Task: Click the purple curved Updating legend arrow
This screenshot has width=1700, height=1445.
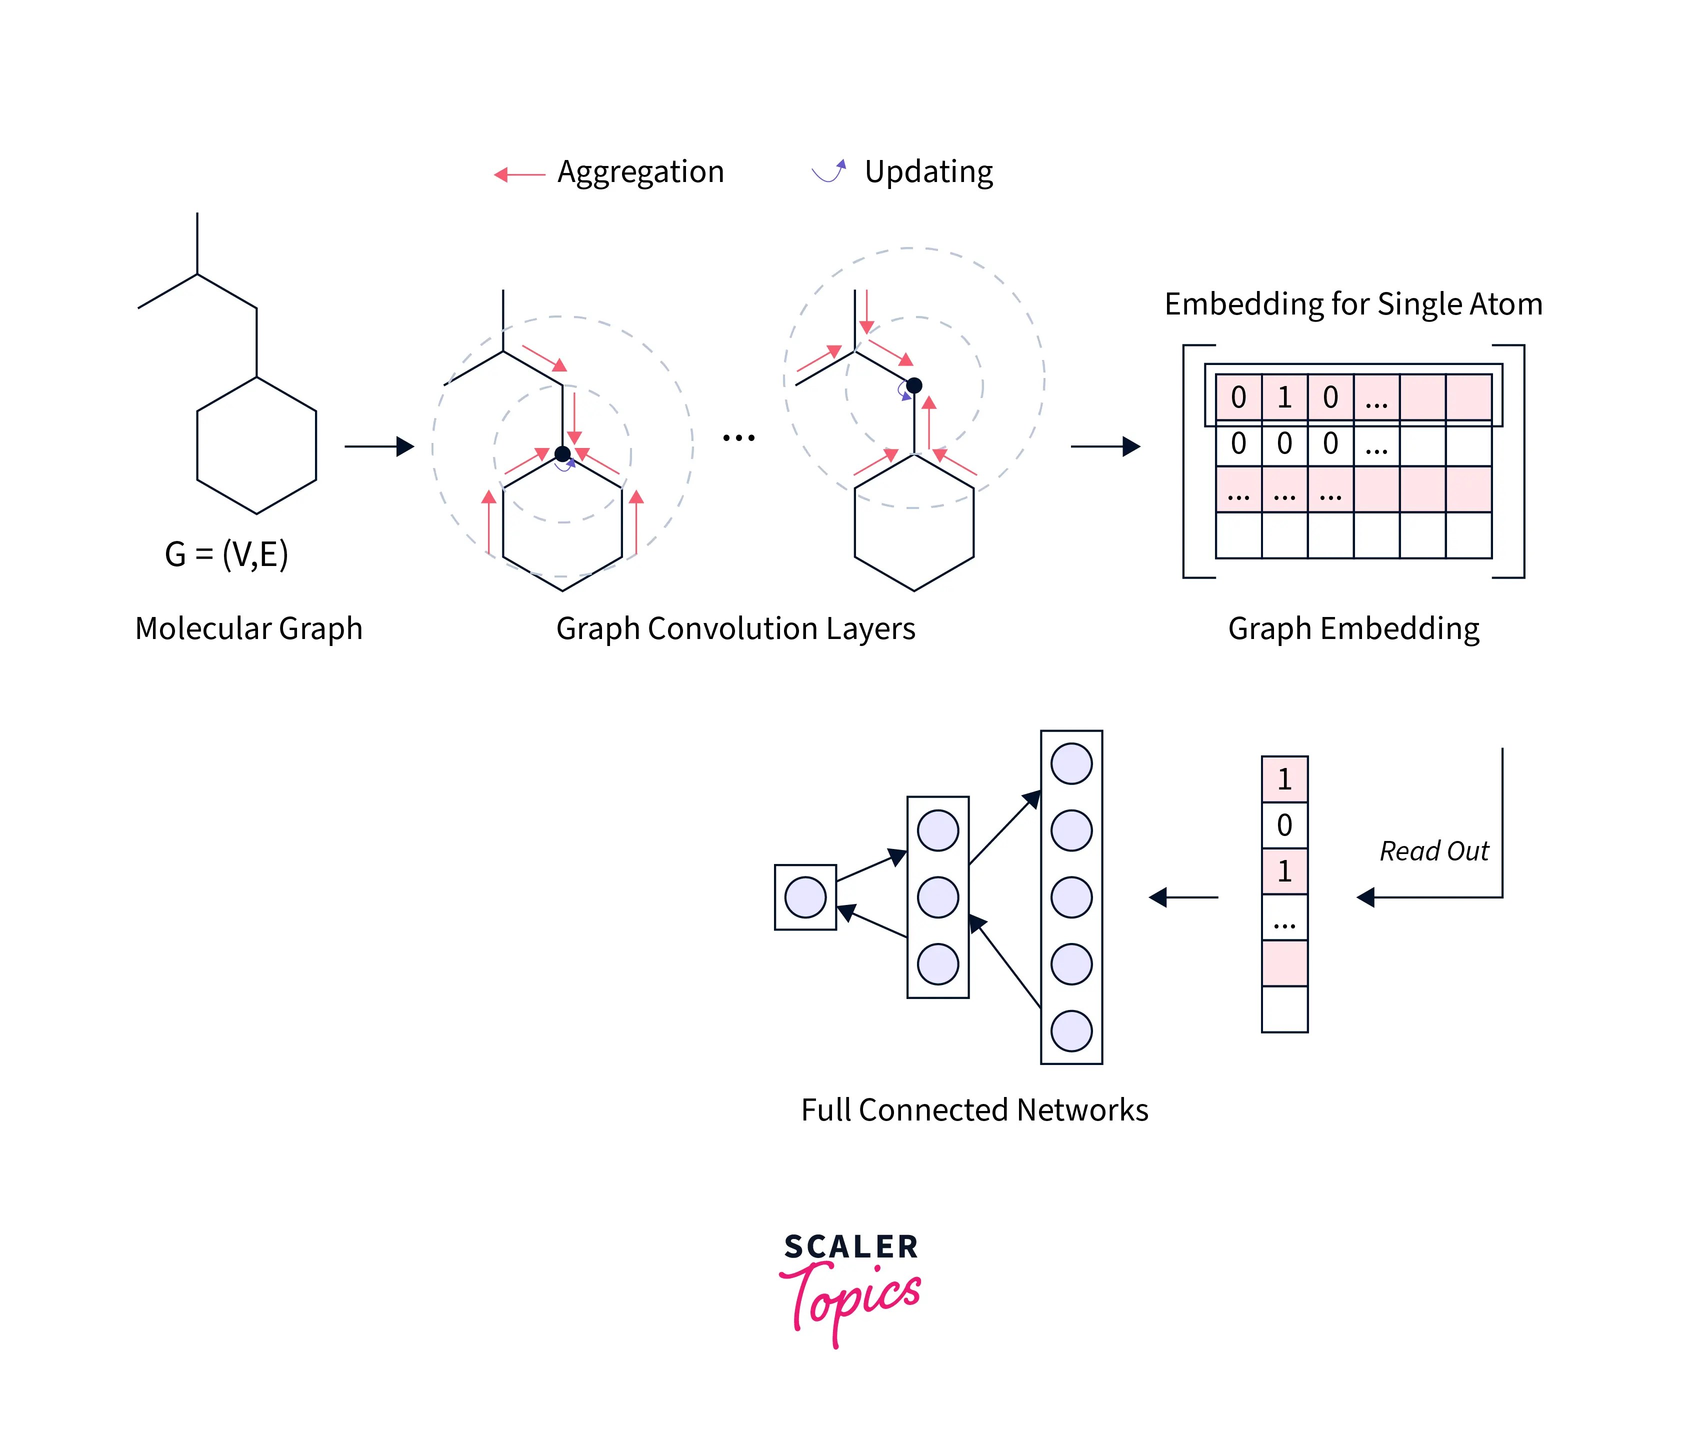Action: (x=828, y=171)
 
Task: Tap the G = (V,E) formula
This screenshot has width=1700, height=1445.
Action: (x=226, y=554)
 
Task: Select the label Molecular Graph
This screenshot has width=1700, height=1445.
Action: (x=248, y=628)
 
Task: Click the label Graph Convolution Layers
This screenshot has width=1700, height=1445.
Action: (x=735, y=628)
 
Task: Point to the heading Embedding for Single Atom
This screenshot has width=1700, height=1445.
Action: (x=1352, y=304)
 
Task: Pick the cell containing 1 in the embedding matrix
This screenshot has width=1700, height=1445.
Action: (x=1284, y=397)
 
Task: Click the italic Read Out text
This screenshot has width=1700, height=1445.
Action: (x=1433, y=851)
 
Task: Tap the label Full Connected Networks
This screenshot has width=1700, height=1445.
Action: (x=974, y=1110)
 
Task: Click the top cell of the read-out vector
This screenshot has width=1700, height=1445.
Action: (x=1284, y=779)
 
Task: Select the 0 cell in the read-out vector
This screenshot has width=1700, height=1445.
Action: (x=1284, y=825)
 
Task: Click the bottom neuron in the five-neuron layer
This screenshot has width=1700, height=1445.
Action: (x=1071, y=1030)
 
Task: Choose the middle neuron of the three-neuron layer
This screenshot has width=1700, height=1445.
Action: (x=937, y=897)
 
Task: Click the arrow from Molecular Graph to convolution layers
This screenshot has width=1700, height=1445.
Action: (x=379, y=446)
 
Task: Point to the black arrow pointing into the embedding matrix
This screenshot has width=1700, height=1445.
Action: (x=1105, y=446)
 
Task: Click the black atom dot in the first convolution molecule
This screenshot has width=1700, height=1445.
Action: (x=562, y=454)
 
